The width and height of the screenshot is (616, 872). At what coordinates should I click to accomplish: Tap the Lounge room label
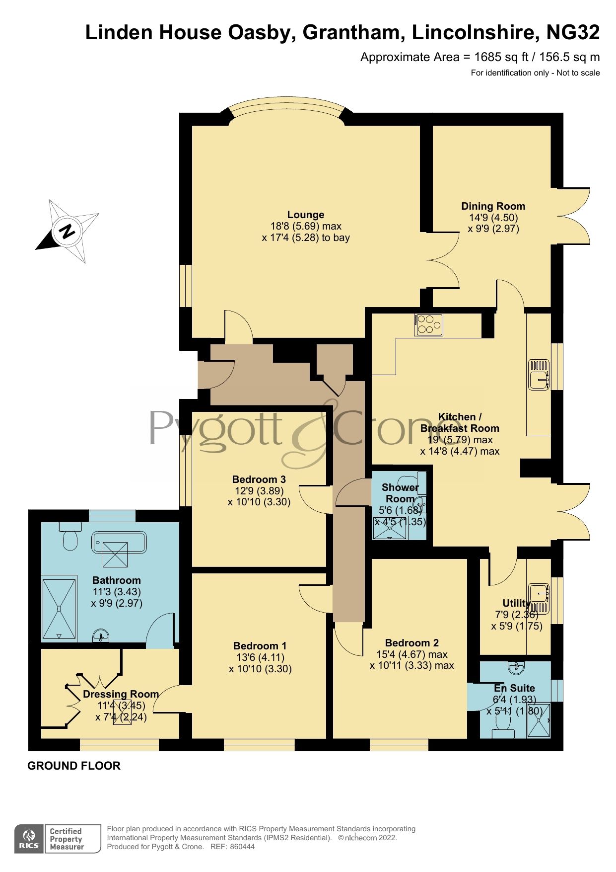pos(305,215)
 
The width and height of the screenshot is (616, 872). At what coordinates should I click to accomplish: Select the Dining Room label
pos(493,206)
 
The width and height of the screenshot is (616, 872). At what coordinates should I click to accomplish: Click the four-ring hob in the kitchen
pos(429,325)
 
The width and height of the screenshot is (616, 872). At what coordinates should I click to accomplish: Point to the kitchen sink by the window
pos(539,374)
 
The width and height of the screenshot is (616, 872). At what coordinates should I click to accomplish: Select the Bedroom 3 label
pos(259,479)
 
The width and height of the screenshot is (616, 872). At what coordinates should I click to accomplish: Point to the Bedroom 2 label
pos(411,643)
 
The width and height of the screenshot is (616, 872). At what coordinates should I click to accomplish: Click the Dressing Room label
pos(121,694)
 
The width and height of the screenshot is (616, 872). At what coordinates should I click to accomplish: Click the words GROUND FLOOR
pos(74,766)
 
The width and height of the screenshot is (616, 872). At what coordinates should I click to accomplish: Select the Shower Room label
pos(400,493)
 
